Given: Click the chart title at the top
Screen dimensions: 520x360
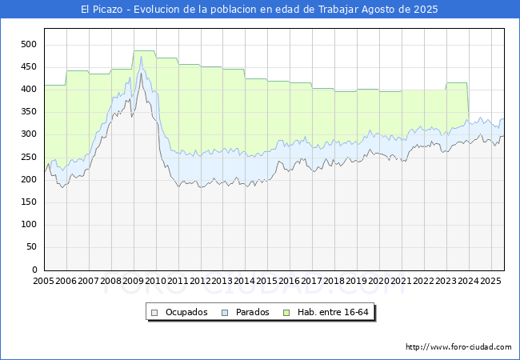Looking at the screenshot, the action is tap(259, 10).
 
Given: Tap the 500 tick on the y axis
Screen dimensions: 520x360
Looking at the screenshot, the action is tap(29, 45).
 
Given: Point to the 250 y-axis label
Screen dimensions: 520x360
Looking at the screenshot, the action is tap(29, 157).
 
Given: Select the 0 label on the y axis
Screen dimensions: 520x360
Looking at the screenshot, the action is tap(34, 270).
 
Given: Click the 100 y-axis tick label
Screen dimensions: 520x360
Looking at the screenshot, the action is tap(29, 225).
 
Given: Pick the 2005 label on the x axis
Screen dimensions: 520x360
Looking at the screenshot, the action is tap(43, 281).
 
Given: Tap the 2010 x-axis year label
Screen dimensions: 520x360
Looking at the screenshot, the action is tap(155, 281).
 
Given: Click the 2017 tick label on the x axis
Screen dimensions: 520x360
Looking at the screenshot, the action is tap(312, 281).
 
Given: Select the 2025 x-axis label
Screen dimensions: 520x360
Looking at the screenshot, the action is tap(490, 281).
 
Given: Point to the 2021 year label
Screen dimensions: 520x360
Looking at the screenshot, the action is tap(402, 281).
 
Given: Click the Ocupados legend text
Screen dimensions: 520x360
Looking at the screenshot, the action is tap(186, 312).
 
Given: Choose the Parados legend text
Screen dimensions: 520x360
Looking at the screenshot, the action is tap(252, 312).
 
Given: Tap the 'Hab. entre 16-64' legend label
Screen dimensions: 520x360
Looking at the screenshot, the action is tap(333, 312).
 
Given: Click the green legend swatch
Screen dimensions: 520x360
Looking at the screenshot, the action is tap(286, 313).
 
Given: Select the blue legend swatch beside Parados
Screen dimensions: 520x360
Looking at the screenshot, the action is tap(225, 313).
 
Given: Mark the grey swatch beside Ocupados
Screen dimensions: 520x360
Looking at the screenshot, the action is tap(154, 313).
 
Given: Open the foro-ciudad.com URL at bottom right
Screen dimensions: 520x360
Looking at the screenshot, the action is tap(458, 347).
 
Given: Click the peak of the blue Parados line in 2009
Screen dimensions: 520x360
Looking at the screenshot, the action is tap(141, 56).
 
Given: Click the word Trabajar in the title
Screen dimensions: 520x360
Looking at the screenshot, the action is tap(338, 10).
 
